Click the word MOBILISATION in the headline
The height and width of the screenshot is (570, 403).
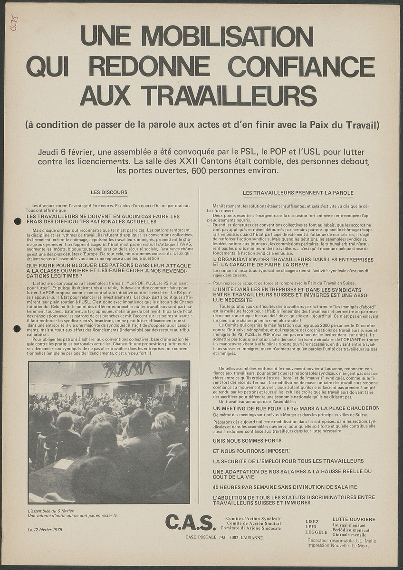[227, 36]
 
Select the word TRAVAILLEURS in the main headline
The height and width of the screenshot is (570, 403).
[231, 95]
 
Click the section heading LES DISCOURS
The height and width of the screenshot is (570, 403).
[109, 192]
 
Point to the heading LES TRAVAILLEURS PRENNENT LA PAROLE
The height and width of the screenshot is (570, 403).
[298, 193]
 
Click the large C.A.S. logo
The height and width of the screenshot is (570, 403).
[191, 522]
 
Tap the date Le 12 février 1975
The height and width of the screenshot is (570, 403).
[45, 529]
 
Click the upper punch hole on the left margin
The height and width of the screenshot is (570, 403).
[18, 221]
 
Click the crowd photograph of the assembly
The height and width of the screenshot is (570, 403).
[109, 432]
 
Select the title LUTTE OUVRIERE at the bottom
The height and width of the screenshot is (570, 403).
[354, 519]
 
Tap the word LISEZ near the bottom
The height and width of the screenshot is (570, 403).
[312, 522]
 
